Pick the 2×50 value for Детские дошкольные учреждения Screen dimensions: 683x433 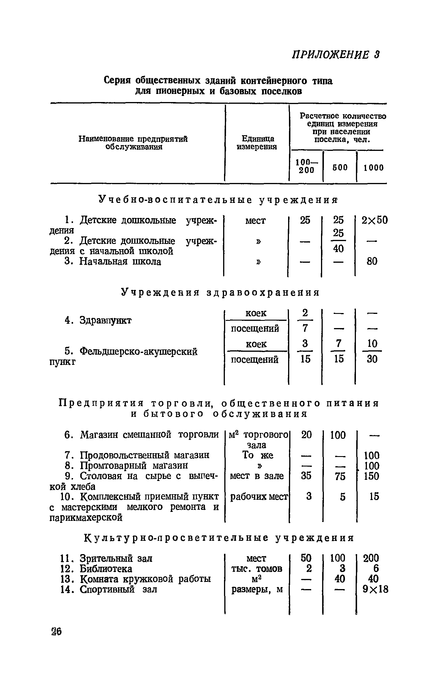[x=375, y=221]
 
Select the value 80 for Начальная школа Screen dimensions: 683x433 [x=372, y=262]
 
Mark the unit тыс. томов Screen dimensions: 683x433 [x=257, y=569]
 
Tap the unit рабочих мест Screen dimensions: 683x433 [x=259, y=497]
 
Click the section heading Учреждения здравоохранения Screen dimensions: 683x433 [x=220, y=293]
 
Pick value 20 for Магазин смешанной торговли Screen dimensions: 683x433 [x=306, y=435]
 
